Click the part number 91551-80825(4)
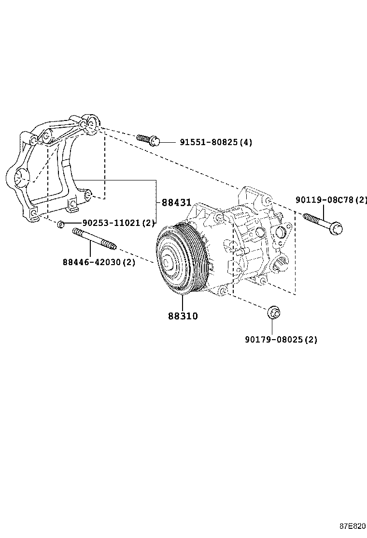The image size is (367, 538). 216,142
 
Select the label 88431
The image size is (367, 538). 176,203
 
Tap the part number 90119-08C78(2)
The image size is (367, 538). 332,200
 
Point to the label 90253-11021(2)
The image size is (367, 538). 118,223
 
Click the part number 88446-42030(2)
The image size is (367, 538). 99,262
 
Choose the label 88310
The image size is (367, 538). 183,316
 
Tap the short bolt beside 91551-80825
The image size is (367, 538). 148,140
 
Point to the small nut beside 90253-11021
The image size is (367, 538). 61,224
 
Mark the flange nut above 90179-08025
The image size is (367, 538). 274,312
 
